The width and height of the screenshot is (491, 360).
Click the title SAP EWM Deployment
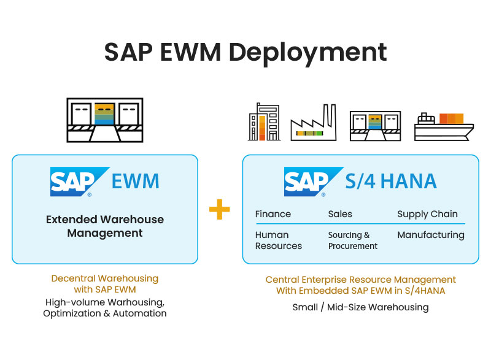[x=245, y=52]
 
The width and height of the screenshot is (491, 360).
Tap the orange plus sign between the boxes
[x=219, y=210]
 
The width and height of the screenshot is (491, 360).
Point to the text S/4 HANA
[x=391, y=182]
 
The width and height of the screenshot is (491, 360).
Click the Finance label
[x=273, y=214]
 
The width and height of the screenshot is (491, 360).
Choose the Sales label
[x=340, y=214]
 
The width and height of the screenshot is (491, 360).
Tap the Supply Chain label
[x=427, y=214]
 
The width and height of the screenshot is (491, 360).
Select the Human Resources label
[x=279, y=240]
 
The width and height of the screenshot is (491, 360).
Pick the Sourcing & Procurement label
[x=353, y=240]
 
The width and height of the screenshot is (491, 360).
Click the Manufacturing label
[x=430, y=235]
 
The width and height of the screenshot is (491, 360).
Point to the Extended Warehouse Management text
[x=105, y=226]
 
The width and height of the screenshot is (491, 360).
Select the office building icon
[x=264, y=122]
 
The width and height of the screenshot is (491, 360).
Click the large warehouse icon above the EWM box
[x=104, y=121]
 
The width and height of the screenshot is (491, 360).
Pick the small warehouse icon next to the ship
[x=374, y=126]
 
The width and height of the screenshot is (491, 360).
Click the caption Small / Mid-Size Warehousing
[x=360, y=307]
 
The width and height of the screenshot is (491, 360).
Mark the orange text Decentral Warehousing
[x=104, y=279]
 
